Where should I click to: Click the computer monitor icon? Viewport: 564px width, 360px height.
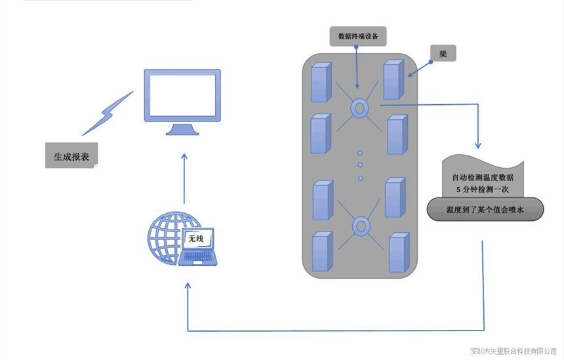[182, 102]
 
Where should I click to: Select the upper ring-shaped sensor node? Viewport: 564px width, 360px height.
[360, 108]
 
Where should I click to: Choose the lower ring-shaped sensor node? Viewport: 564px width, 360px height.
[360, 227]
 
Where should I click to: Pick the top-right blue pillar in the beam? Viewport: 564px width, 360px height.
[393, 79]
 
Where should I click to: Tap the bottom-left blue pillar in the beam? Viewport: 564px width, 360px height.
[321, 252]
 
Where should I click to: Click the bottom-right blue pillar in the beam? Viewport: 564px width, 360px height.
[399, 252]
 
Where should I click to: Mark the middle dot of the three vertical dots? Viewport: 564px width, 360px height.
[360, 165]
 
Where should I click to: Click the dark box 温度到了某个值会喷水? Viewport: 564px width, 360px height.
[485, 210]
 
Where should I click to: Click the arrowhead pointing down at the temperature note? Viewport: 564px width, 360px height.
[479, 144]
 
